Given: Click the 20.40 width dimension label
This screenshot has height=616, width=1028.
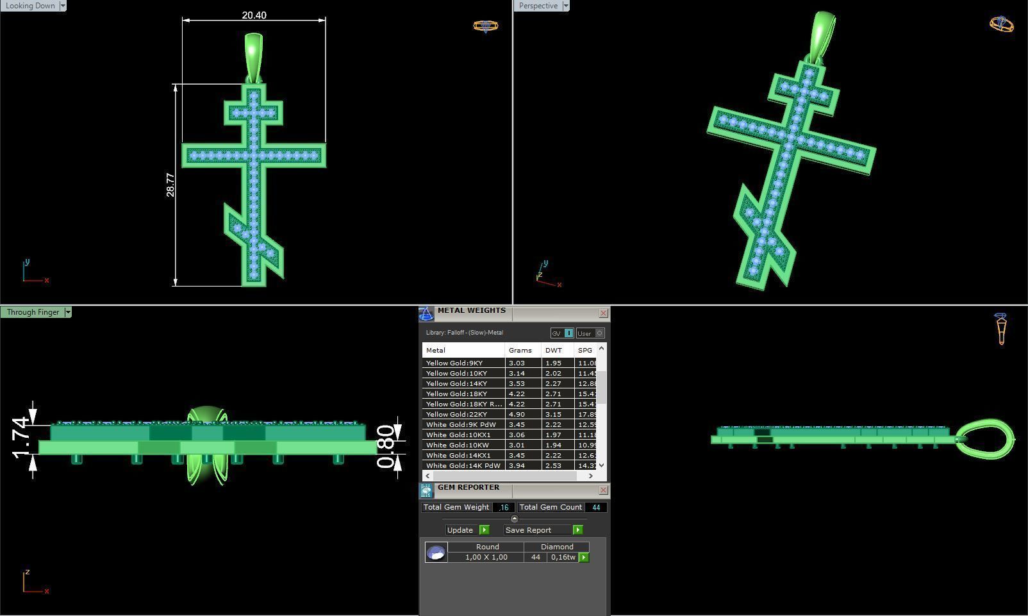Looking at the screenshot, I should (254, 15).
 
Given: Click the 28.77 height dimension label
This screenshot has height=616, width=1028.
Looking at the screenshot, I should (170, 185).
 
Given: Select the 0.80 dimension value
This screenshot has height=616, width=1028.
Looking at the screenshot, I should (385, 447).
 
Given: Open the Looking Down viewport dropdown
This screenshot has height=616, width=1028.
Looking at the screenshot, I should (62, 6).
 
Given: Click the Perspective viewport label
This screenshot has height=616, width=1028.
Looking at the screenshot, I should (538, 6).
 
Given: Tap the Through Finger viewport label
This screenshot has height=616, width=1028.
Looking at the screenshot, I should (33, 312).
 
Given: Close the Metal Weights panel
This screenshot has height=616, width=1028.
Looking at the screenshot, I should (603, 313).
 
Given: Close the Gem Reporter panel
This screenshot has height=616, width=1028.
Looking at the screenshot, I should (603, 490).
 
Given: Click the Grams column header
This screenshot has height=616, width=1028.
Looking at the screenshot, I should (520, 351).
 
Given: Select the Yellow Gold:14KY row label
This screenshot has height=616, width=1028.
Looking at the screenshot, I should (456, 384).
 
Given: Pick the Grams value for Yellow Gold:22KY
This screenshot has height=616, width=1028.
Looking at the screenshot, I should (517, 415).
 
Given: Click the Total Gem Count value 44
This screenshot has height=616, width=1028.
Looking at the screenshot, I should (596, 508).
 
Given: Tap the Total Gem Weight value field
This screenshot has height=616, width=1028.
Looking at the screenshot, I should (503, 508).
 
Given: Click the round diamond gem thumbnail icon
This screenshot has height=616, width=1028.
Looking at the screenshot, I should (436, 553).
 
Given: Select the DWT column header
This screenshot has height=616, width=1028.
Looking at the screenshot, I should (554, 351).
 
